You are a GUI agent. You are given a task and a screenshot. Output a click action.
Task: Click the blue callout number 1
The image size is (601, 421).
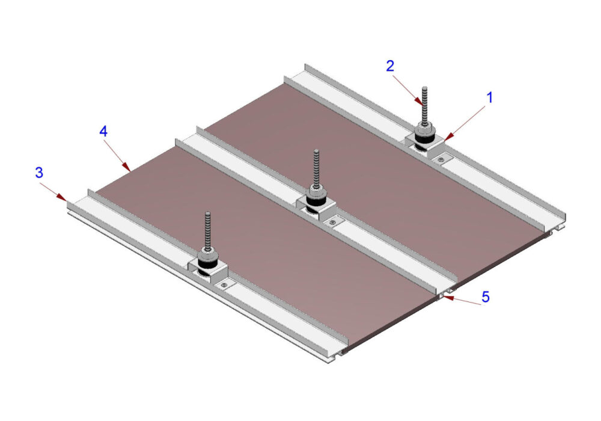(489, 98)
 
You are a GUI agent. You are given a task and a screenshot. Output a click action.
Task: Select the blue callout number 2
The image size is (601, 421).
(390, 66)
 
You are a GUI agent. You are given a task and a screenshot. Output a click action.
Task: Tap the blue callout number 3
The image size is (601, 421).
(39, 173)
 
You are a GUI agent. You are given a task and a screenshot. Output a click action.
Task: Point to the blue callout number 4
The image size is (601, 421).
(103, 132)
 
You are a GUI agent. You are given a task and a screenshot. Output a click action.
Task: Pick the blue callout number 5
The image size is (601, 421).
(486, 297)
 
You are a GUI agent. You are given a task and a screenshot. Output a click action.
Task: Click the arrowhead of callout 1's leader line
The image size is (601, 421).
(449, 137)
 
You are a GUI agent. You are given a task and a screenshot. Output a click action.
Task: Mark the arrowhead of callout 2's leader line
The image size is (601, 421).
(419, 100)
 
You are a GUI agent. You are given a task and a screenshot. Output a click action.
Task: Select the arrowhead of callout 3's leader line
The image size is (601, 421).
(61, 197)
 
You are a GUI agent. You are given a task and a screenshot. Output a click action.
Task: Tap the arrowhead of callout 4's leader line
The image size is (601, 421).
(126, 167)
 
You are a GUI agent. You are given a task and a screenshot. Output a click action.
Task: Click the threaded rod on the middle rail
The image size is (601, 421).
(316, 169)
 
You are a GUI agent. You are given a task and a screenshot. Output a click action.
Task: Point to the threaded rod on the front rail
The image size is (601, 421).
(208, 231)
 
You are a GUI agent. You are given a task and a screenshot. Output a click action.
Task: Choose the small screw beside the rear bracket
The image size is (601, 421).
(442, 159)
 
